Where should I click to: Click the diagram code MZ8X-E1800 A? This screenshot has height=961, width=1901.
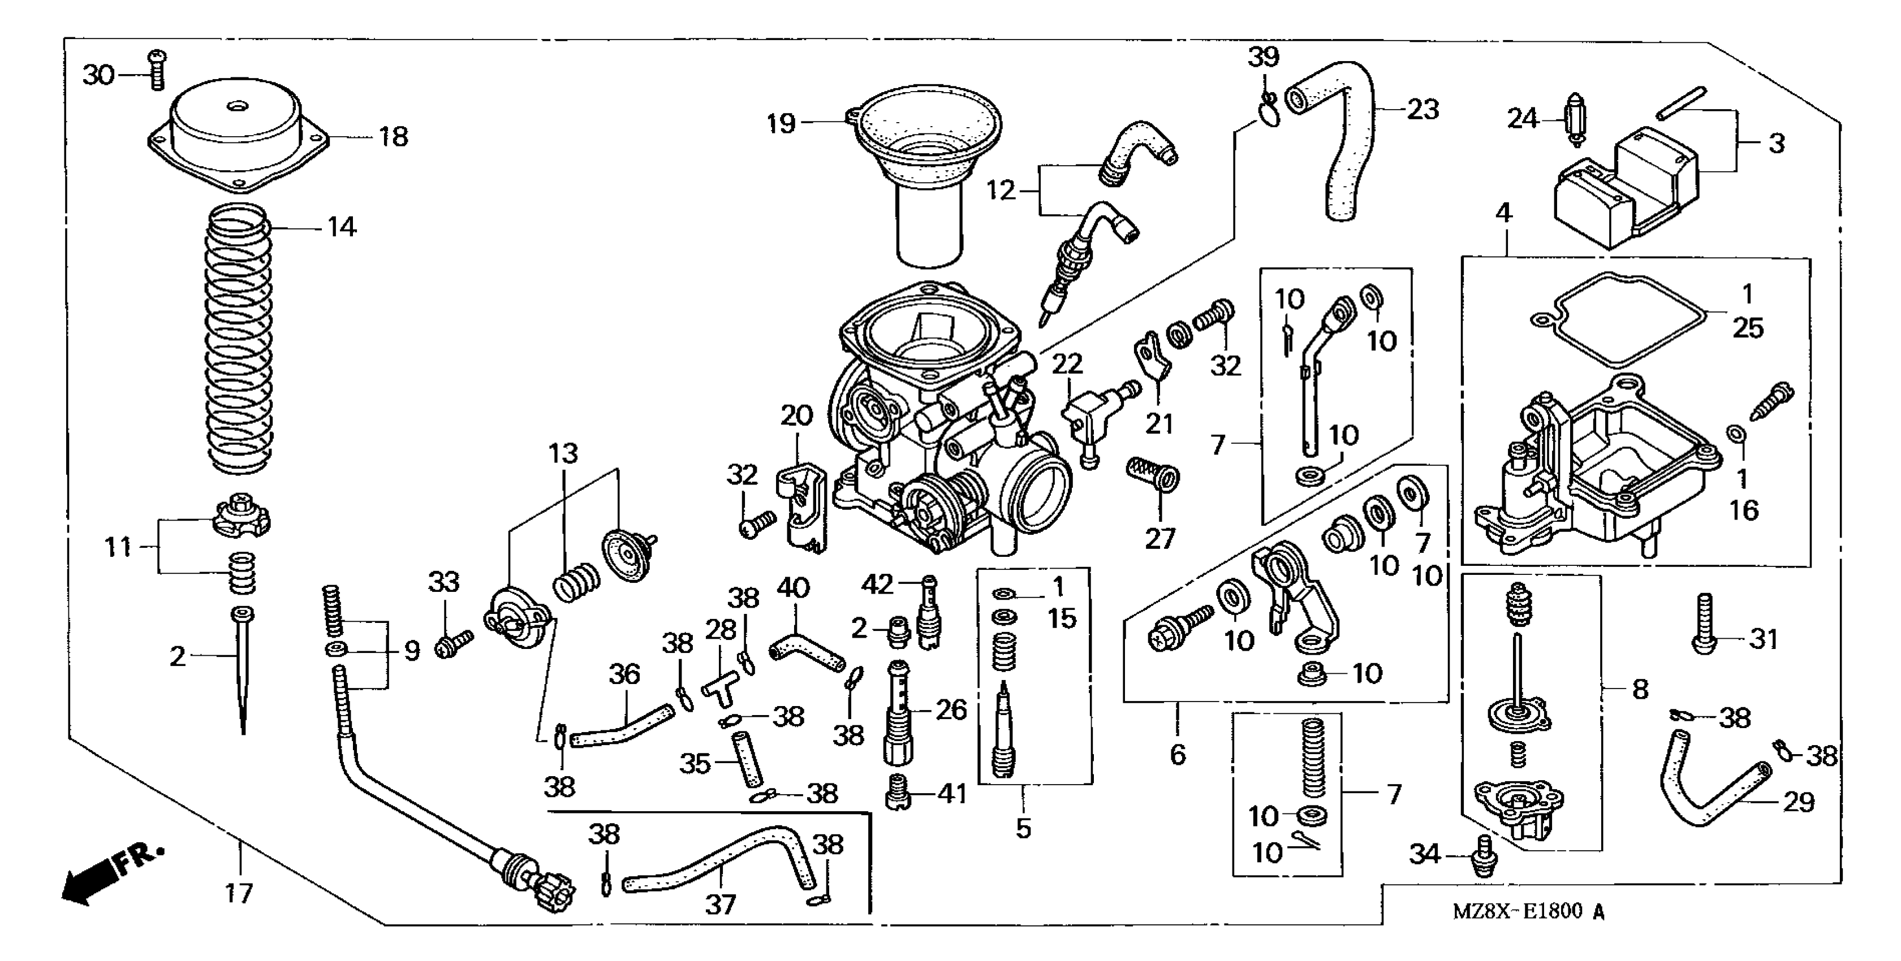click(x=1528, y=912)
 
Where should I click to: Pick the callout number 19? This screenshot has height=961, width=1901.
click(x=781, y=123)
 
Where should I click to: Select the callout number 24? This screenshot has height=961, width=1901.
click(x=1521, y=119)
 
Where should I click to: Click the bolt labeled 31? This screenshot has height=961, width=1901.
click(x=1703, y=623)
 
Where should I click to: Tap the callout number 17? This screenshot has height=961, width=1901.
click(x=238, y=894)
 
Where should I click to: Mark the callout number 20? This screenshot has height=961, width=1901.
click(x=796, y=416)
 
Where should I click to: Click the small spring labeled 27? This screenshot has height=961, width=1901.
click(x=1153, y=474)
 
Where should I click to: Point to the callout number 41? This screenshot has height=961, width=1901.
click(x=951, y=794)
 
